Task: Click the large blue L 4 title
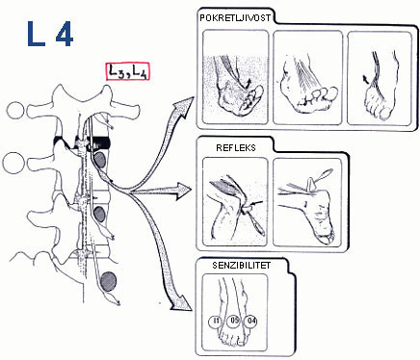click(x=50, y=35)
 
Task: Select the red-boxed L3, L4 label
click(x=128, y=71)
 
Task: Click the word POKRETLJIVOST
click(x=235, y=17)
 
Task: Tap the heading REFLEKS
click(x=236, y=147)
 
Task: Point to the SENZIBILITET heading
click(x=242, y=266)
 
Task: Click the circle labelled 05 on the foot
click(x=234, y=321)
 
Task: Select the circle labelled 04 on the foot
click(x=251, y=321)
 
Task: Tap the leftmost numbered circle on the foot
click(x=216, y=321)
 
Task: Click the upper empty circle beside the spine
click(x=15, y=111)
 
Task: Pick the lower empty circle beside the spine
click(x=14, y=164)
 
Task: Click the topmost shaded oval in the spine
click(x=100, y=160)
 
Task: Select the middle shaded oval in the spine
click(x=100, y=214)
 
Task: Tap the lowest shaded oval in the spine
click(x=109, y=281)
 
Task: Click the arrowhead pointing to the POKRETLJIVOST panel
click(x=184, y=107)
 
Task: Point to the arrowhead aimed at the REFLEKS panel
click(x=183, y=192)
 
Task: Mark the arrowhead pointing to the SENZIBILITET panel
click(x=182, y=302)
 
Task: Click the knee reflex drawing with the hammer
click(x=235, y=202)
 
